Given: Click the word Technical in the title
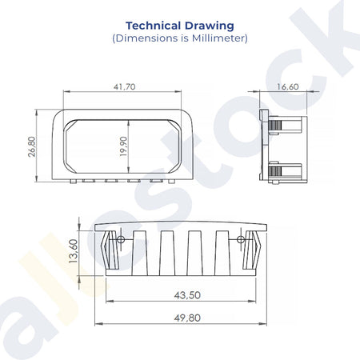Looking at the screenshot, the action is pyautogui.click(x=153, y=26).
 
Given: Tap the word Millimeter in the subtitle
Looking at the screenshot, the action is pyautogui.click(x=218, y=38).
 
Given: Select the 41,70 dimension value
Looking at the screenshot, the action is pyautogui.click(x=124, y=87).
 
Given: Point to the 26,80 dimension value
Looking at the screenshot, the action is pyautogui.click(x=32, y=146).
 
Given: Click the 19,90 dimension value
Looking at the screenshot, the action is pyautogui.click(x=123, y=146).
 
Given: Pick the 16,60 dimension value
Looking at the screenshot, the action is pyautogui.click(x=287, y=87).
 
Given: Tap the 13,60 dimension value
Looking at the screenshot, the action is pyautogui.click(x=74, y=251).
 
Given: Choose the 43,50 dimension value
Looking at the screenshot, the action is pyautogui.click(x=187, y=295).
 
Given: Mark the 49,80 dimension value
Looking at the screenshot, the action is pyautogui.click(x=187, y=318).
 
